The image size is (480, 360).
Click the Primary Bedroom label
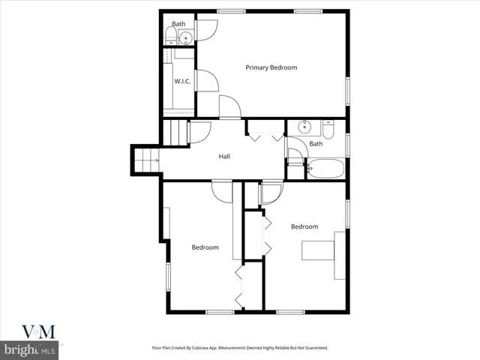(271, 67)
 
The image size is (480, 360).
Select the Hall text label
(224, 157)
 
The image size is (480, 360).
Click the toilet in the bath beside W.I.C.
(171, 36)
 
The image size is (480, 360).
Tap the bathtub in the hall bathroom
(326, 169)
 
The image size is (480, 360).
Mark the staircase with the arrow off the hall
(147, 160)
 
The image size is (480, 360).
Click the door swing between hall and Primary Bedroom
(229, 106)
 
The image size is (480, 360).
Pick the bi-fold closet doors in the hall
(265, 136)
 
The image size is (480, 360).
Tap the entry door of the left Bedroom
(222, 190)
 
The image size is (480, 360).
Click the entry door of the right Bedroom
(271, 194)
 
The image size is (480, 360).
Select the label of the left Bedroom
(205, 247)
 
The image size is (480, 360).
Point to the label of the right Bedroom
(304, 226)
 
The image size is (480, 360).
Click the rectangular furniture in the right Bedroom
(318, 250)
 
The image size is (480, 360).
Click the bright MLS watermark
(29, 350)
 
